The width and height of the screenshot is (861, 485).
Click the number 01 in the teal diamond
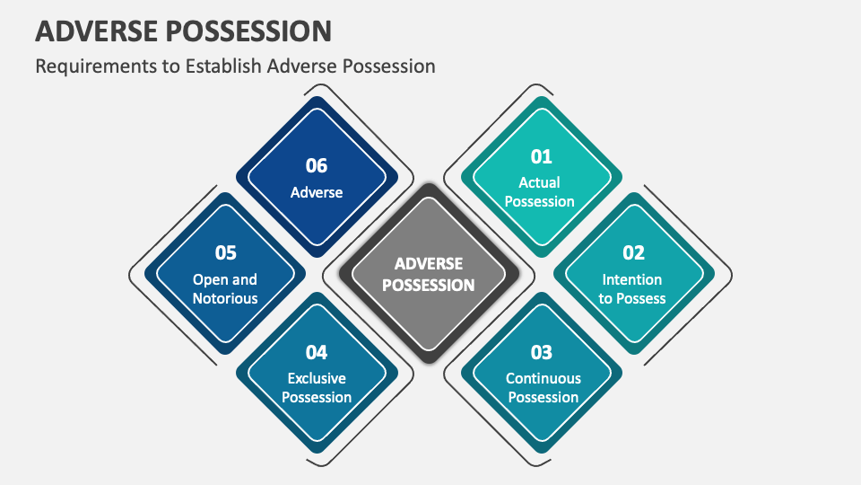tap(541, 157)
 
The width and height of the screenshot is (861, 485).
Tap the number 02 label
tap(633, 253)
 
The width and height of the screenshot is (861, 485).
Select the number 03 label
tap(541, 352)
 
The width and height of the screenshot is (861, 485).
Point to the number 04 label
tap(317, 352)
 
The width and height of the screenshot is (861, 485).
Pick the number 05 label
tap(225, 253)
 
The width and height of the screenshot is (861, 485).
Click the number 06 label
tap(317, 166)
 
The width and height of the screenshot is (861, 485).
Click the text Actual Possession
tap(540, 192)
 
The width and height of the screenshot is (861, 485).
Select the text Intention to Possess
tap(632, 288)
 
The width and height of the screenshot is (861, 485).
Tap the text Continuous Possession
tap(543, 387)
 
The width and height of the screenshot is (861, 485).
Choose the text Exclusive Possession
tap(317, 387)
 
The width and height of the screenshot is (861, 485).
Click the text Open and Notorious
tap(225, 288)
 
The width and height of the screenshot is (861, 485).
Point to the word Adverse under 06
tap(317, 192)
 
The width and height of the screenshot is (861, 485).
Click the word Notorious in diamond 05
tap(225, 298)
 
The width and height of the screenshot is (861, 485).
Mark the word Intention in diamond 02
tap(632, 279)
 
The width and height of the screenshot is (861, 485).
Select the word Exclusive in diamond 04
tap(317, 378)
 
